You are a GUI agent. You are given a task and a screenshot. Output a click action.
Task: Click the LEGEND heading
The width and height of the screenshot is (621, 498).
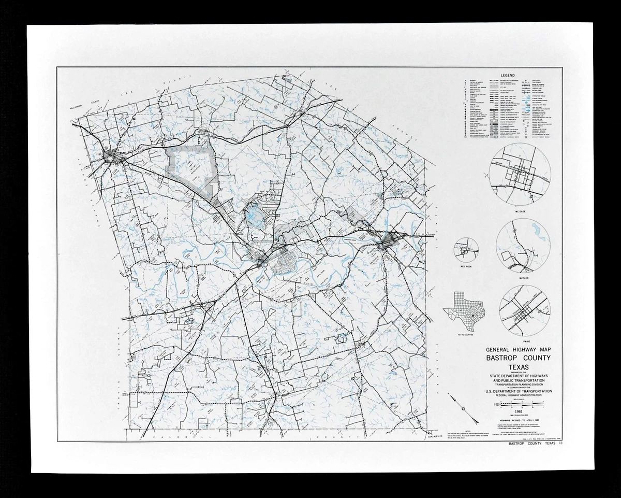pyautogui.click(x=503, y=75)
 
